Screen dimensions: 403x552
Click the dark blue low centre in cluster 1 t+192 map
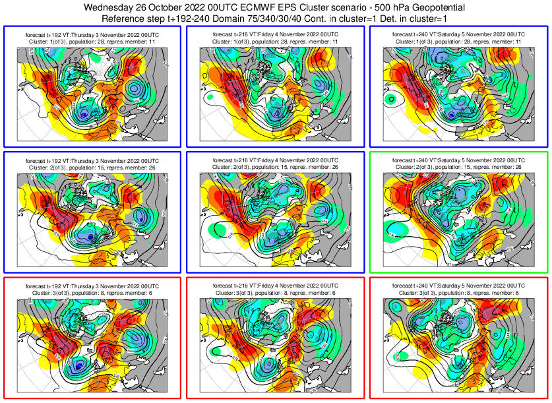[x=84, y=115]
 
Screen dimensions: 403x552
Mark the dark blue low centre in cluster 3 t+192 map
[x=79, y=365]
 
